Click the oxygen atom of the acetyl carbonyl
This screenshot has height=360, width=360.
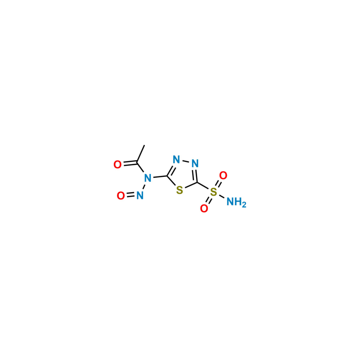tap(117, 165)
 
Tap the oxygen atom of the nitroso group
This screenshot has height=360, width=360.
tap(121, 196)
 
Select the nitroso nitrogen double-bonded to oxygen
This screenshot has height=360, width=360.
tap(140, 196)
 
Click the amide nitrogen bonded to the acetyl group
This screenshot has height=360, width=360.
tap(148, 178)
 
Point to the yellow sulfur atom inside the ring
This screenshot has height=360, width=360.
tap(180, 190)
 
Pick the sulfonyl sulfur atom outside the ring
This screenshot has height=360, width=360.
tap(213, 192)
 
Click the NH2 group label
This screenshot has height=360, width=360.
tap(237, 202)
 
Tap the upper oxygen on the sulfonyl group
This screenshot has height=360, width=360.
tap(223, 175)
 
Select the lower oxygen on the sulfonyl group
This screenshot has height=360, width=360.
tap(204, 209)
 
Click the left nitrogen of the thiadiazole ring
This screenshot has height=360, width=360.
tap(176, 159)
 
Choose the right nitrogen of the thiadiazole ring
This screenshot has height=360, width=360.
tap(195, 163)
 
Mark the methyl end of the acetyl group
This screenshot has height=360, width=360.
tap(144, 145)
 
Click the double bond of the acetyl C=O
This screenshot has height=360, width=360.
tap(130, 163)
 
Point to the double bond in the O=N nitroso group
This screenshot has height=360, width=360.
tap(130, 196)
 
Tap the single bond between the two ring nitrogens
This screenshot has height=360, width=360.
tap(185, 162)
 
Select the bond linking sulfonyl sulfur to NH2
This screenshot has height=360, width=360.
tap(221, 196)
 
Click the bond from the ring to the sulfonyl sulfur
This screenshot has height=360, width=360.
tap(203, 186)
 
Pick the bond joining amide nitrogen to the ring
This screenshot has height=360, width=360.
tap(160, 177)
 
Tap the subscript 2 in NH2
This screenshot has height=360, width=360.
tap(244, 205)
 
